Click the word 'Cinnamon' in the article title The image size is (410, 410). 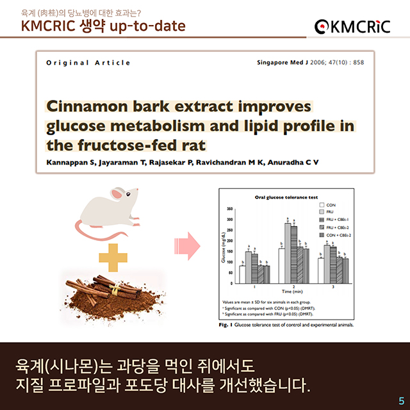pyautogui.click(x=94, y=106)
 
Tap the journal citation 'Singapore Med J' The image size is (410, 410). pyautogui.click(x=280, y=63)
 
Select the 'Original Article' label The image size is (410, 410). pyautogui.click(x=88, y=63)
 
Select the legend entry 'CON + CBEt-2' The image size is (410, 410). pyautogui.click(x=339, y=234)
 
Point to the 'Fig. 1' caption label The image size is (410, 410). pyautogui.click(x=224, y=325)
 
